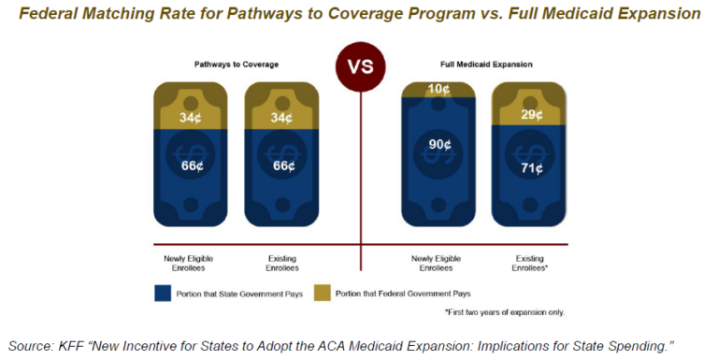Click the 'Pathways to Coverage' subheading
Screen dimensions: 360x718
click(x=231, y=65)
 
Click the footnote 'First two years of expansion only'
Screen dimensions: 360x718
click(x=505, y=311)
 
